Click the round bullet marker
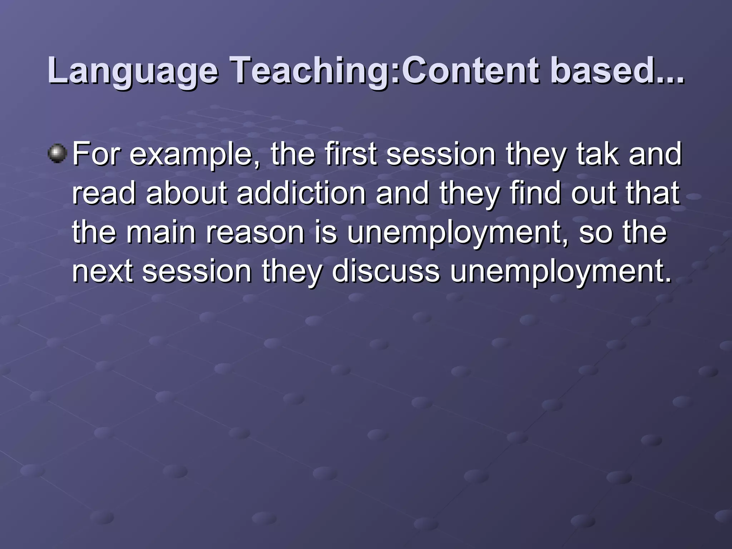pos(57,154)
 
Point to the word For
pos(96,154)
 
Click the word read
pos(104,193)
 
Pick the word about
pos(186,193)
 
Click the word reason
pos(254,232)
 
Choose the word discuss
pos(386,272)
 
